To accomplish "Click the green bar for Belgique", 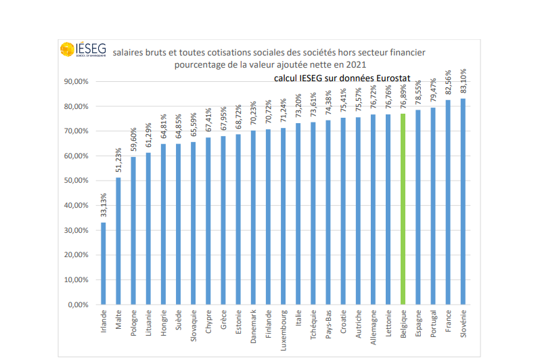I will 403,209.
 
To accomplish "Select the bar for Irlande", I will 104,263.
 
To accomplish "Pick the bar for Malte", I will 118,241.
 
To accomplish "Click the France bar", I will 448,202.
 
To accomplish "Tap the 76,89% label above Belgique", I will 403,95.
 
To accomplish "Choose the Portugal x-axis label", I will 433,324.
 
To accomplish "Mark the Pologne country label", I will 133,324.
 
